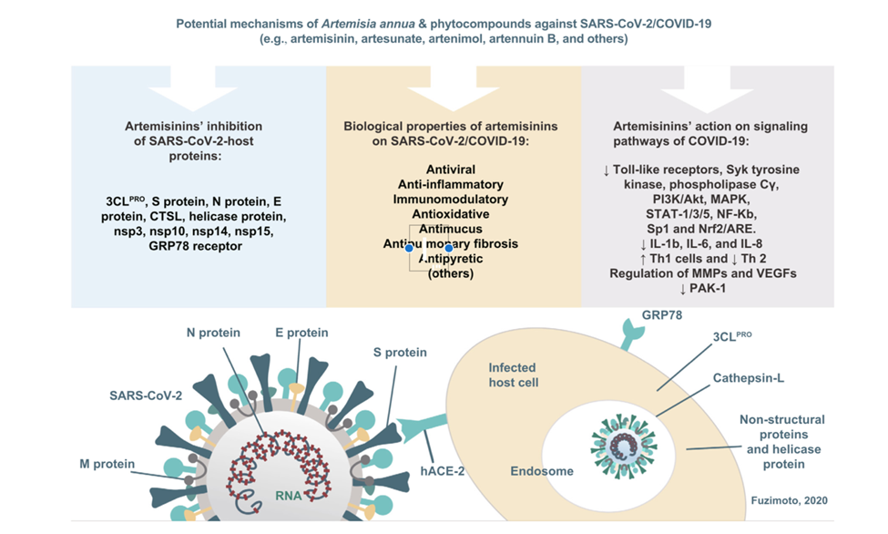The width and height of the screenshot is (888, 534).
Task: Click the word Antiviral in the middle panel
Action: click(x=450, y=169)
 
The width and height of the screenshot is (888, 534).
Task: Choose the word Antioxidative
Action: click(x=450, y=214)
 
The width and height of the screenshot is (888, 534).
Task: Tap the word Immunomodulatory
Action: click(x=450, y=200)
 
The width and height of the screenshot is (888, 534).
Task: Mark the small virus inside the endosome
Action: click(x=629, y=438)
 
